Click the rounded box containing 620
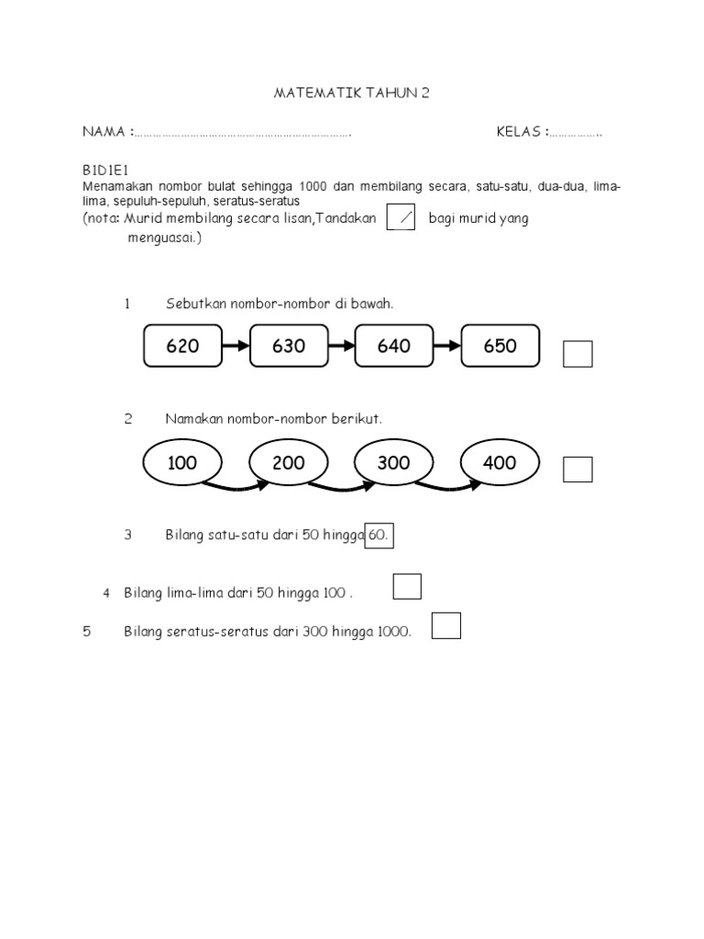(x=183, y=346)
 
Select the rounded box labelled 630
(x=289, y=346)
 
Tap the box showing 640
(x=394, y=346)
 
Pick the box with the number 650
(x=500, y=346)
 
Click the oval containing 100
(x=183, y=463)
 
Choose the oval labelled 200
(x=289, y=463)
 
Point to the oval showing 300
(x=394, y=463)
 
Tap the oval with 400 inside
(x=500, y=463)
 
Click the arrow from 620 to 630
(x=236, y=346)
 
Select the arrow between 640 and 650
(x=447, y=346)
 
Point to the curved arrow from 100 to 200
(x=236, y=485)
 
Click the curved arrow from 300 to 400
(x=447, y=485)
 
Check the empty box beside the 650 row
(x=577, y=354)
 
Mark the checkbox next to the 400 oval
(x=577, y=469)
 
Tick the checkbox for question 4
(x=407, y=586)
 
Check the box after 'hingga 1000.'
(x=445, y=625)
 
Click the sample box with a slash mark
(x=401, y=218)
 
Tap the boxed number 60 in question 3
(x=379, y=535)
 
